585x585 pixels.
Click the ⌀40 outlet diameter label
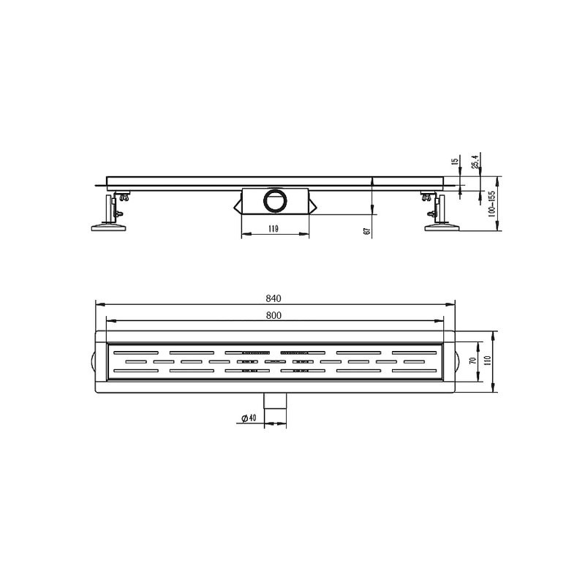coord(247,418)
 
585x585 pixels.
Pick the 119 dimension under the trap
coord(273,229)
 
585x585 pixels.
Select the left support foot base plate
coord(109,229)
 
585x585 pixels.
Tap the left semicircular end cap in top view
coord(93,361)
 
